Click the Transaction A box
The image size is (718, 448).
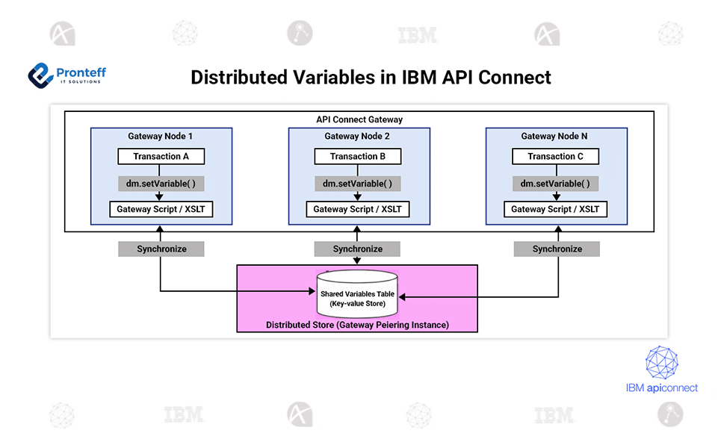(161, 157)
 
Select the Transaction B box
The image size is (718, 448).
(357, 157)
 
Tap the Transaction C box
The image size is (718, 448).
(555, 157)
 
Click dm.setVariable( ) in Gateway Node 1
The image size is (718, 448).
(161, 184)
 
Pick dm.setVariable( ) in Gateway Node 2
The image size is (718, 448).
(357, 184)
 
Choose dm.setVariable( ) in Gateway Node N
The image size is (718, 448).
(555, 184)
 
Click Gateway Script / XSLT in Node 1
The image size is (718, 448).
(161, 210)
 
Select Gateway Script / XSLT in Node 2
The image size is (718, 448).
(357, 210)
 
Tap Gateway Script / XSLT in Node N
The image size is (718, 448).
(555, 210)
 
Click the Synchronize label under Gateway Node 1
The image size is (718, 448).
(161, 249)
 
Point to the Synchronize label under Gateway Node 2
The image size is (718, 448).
(357, 249)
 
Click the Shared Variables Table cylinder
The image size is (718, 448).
(357, 295)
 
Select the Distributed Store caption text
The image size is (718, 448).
(357, 326)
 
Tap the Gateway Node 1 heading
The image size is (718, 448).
(161, 137)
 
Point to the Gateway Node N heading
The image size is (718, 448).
(555, 137)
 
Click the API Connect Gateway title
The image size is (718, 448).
(359, 119)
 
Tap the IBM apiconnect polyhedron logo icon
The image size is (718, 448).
(661, 362)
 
